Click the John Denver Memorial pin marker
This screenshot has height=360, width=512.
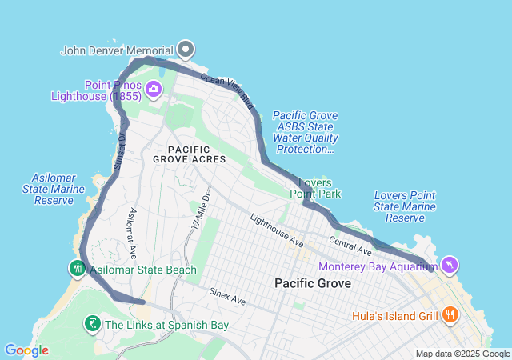click(x=186, y=50)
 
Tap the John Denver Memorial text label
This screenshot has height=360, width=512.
click(x=118, y=50)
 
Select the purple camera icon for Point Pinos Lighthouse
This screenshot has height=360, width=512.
click(x=152, y=90)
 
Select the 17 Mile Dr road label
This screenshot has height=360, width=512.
click(x=201, y=209)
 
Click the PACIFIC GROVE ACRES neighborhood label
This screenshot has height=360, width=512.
click(x=190, y=154)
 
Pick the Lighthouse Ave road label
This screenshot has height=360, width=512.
click(x=276, y=230)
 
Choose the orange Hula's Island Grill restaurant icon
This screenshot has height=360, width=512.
click(x=450, y=315)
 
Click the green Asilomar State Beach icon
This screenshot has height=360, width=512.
click(x=78, y=269)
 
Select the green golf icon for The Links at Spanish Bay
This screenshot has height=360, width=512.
click(x=93, y=324)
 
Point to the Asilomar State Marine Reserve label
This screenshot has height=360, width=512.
click(x=54, y=188)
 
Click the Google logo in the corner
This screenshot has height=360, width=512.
click(x=26, y=350)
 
